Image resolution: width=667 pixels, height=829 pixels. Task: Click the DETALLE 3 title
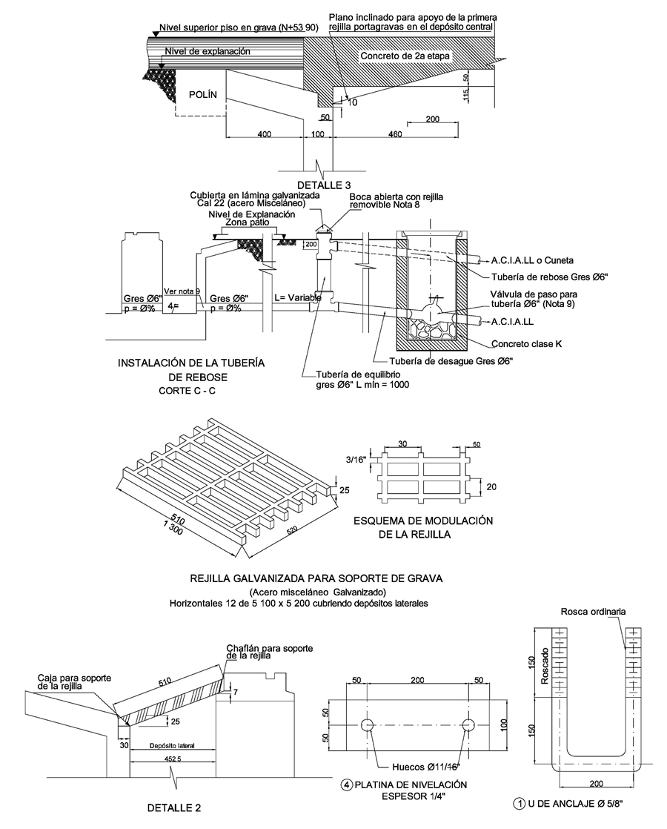point(324,185)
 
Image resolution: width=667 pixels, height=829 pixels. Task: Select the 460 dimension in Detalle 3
point(395,134)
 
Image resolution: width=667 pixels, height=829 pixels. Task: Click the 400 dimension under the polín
point(264,134)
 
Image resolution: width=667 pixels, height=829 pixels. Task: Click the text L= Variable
point(299,297)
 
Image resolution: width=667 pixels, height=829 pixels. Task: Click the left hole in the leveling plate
point(367,724)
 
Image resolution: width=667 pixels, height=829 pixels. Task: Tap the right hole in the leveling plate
point(468,724)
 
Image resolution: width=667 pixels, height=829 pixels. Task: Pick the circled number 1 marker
point(521,802)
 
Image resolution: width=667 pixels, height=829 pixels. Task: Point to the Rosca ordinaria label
point(593,612)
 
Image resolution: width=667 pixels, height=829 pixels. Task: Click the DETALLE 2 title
point(172,807)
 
